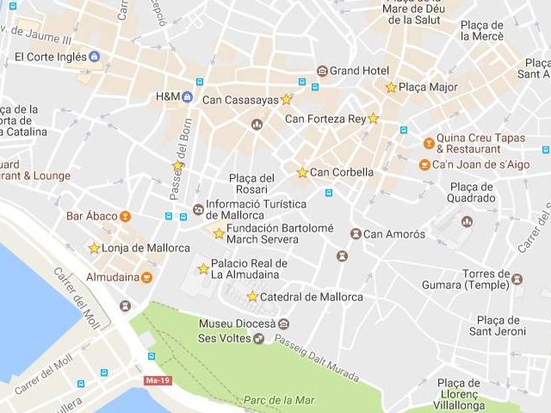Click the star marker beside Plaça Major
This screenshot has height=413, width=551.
click(391, 87)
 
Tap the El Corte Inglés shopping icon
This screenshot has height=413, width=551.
click(94, 57)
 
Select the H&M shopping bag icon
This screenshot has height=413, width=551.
click(187, 97)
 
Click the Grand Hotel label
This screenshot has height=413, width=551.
click(359, 71)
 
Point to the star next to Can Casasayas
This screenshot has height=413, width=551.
click(286, 99)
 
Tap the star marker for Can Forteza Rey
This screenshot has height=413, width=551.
click(373, 119)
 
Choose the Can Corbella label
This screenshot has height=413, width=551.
click(342, 172)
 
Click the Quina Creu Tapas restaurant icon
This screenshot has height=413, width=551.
click(429, 143)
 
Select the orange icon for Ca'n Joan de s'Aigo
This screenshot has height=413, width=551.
click(424, 164)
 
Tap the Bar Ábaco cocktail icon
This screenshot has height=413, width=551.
click(126, 216)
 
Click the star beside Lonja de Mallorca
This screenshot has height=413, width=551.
click(94, 248)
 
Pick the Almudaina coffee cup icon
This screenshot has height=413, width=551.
click(146, 277)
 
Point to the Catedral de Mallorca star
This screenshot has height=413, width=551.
click(252, 297)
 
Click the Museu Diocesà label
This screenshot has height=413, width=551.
click(237, 324)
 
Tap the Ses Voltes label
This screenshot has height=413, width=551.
click(224, 338)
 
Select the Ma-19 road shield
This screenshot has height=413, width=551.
click(156, 379)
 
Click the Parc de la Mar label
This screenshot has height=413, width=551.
click(279, 400)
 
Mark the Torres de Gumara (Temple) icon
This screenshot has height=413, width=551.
click(517, 279)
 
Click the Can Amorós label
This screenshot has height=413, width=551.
click(393, 234)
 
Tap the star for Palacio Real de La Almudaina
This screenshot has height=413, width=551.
click(203, 268)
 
